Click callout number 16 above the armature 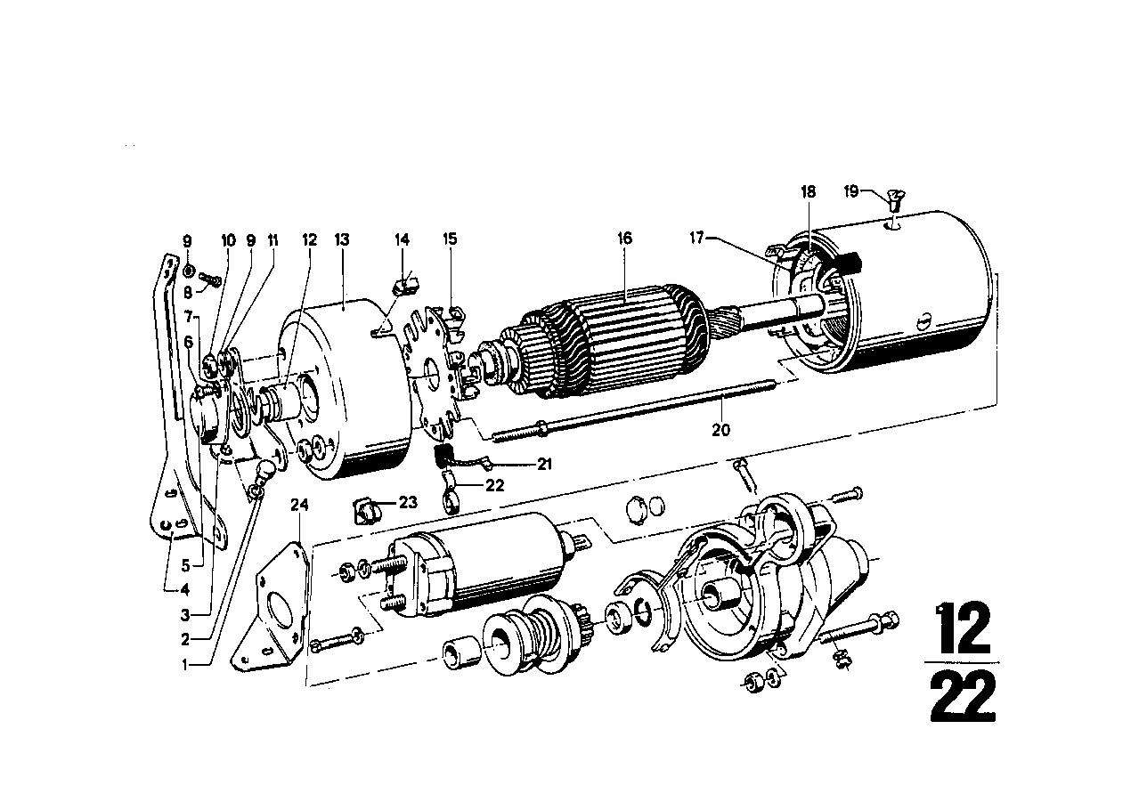pyautogui.click(x=625, y=239)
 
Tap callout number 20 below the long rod pyautogui.click(x=720, y=430)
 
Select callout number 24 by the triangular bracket pyautogui.click(x=299, y=505)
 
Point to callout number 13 pyautogui.click(x=342, y=239)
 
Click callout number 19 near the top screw pyautogui.click(x=851, y=192)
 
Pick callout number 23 pyautogui.click(x=408, y=503)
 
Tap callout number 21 pyautogui.click(x=544, y=464)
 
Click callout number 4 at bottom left pyautogui.click(x=185, y=590)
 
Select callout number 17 pyautogui.click(x=697, y=238)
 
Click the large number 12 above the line pyautogui.click(x=962, y=628)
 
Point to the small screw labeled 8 pyautogui.click(x=209, y=279)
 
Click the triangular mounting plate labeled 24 pyautogui.click(x=272, y=606)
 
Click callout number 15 pyautogui.click(x=450, y=239)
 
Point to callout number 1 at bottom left pyautogui.click(x=185, y=665)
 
